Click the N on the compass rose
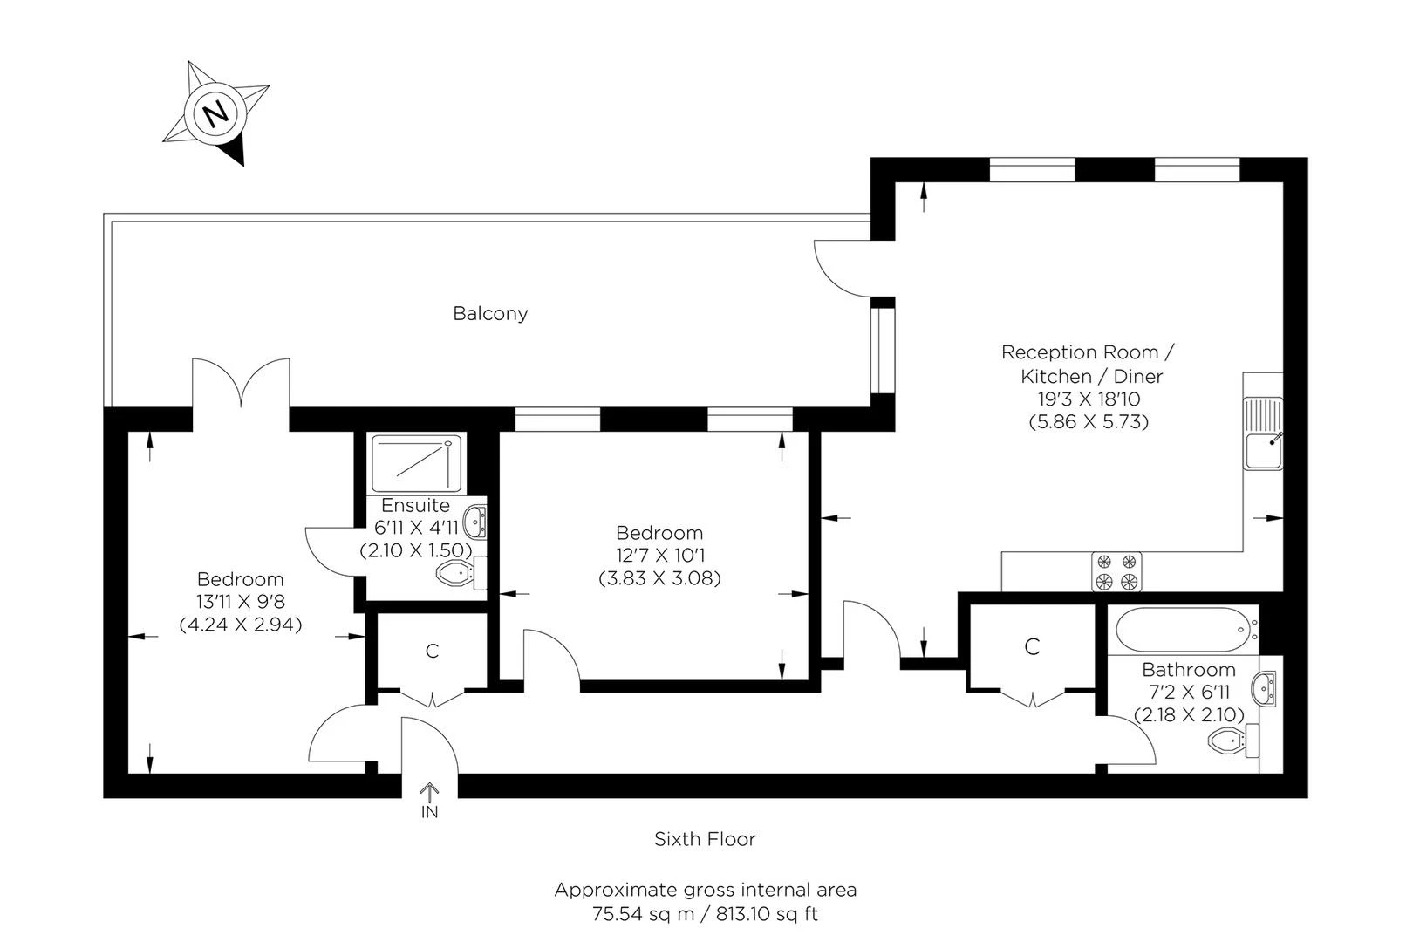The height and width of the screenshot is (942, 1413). point(215,113)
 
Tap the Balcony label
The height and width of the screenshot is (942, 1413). point(490,313)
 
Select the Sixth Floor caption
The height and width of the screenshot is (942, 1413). point(705,839)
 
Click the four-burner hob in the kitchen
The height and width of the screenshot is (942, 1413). point(1117,571)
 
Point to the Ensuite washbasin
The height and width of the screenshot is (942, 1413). point(475,522)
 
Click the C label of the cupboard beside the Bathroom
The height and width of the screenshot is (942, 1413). point(1032,646)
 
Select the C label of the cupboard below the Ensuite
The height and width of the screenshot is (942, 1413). point(432,651)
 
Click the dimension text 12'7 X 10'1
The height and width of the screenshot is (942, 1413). point(659,555)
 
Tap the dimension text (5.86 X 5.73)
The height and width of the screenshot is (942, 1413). point(1089,421)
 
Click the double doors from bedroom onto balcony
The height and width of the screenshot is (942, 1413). point(240,384)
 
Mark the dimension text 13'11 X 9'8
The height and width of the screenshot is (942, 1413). point(240,601)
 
